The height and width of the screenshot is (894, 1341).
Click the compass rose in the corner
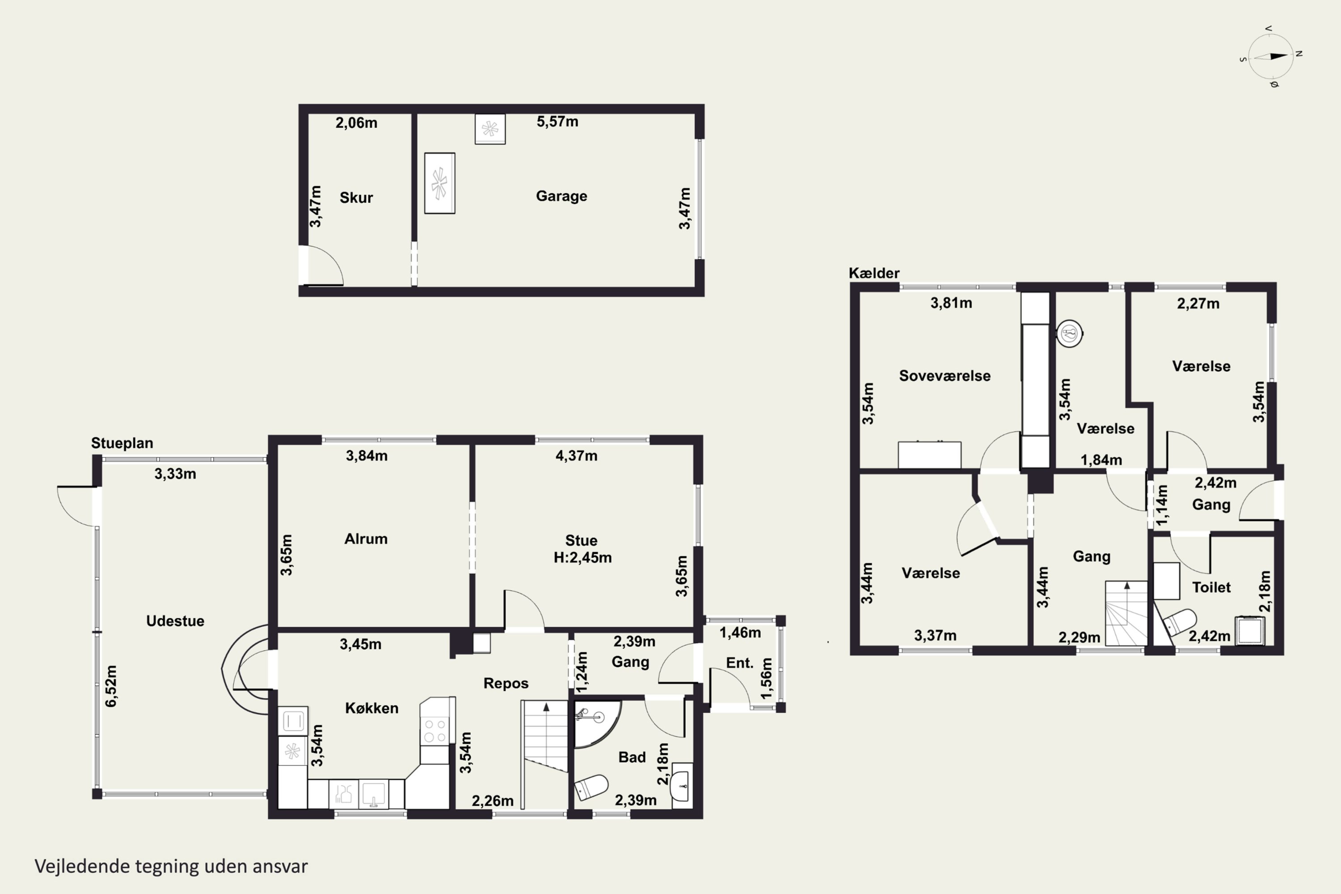point(1271,56)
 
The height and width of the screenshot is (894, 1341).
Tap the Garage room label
point(561,196)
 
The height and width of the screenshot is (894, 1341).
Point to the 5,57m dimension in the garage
point(557,122)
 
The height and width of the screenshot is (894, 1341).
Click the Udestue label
point(175,621)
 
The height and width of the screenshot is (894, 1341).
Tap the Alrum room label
point(366,539)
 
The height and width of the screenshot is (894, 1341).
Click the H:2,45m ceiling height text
point(582,557)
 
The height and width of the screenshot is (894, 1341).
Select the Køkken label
point(372,708)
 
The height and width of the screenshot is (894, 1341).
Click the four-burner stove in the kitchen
point(435,730)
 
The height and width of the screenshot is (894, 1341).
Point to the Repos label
point(506,683)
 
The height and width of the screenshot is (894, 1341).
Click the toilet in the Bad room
point(590,787)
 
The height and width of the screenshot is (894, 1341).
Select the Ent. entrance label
point(739,662)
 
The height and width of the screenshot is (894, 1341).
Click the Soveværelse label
point(945,376)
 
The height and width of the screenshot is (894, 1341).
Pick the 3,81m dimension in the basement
point(951,303)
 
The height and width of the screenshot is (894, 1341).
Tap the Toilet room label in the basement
point(1211,587)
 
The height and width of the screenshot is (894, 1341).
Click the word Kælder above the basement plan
point(874,273)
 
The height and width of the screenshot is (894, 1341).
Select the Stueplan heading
point(122,443)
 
